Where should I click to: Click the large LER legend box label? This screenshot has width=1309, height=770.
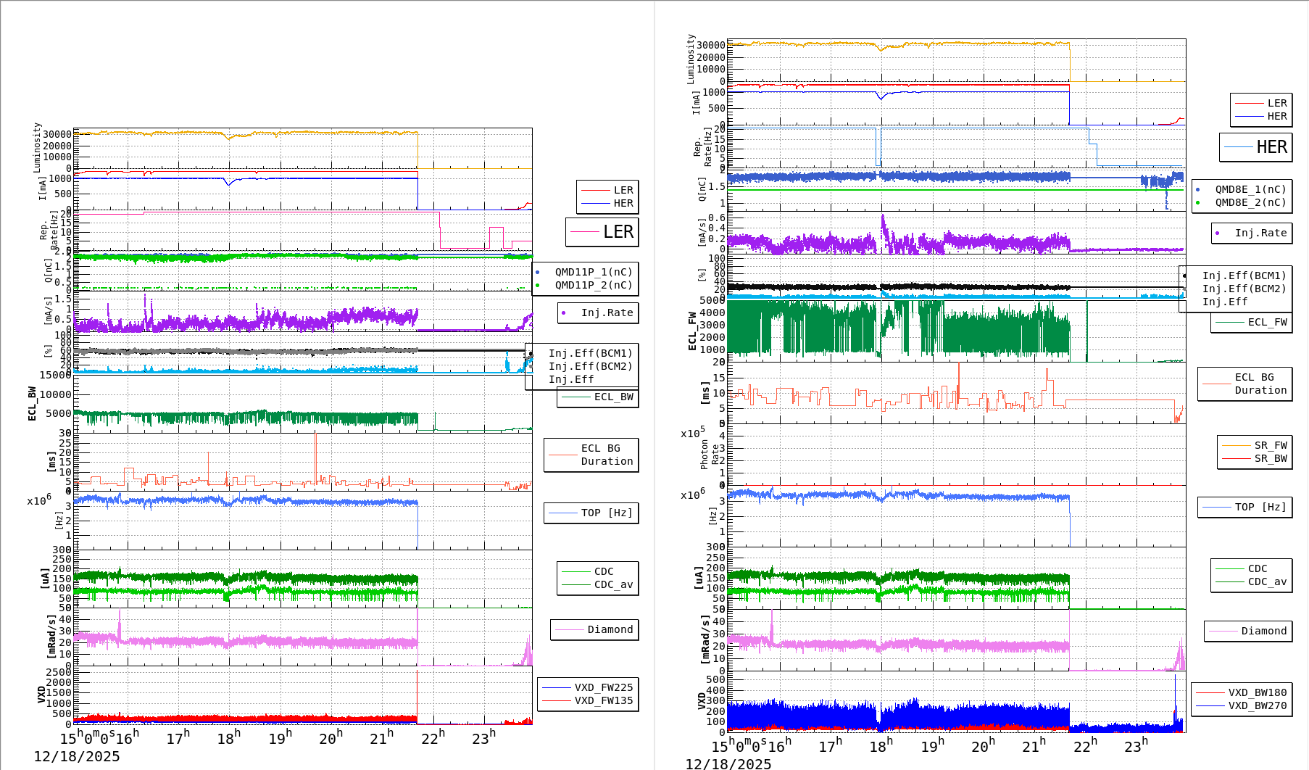pos(618,232)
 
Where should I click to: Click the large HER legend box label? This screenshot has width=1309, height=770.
pos(1271,147)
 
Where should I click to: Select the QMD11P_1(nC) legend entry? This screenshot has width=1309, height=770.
pos(593,272)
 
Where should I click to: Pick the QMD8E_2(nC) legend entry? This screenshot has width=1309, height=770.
pos(1250,202)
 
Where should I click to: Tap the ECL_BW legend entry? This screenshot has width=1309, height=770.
pos(613,397)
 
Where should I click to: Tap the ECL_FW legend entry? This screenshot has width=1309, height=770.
pos(1267,322)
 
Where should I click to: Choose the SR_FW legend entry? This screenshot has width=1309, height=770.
pos(1271,445)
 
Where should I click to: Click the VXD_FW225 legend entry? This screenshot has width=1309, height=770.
pos(603,687)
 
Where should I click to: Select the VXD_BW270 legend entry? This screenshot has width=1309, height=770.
pos(1257,705)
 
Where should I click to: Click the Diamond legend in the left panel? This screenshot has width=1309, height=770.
pos(610,629)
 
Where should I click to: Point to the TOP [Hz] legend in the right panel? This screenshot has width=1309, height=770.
pos(1260,507)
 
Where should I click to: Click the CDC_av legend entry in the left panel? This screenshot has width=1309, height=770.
pos(613,584)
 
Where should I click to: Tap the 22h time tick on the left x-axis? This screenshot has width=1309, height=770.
pos(433,738)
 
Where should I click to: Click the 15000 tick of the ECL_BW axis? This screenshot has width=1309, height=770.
pos(56,375)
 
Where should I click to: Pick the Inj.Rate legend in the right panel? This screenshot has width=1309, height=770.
pos(1260,233)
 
